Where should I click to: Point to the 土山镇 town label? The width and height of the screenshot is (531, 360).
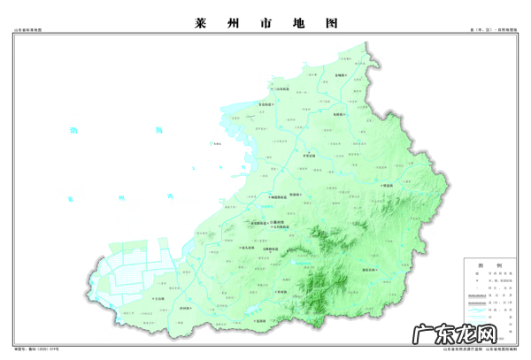tap(158, 300)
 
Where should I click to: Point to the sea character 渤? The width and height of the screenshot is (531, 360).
tap(76, 131)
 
